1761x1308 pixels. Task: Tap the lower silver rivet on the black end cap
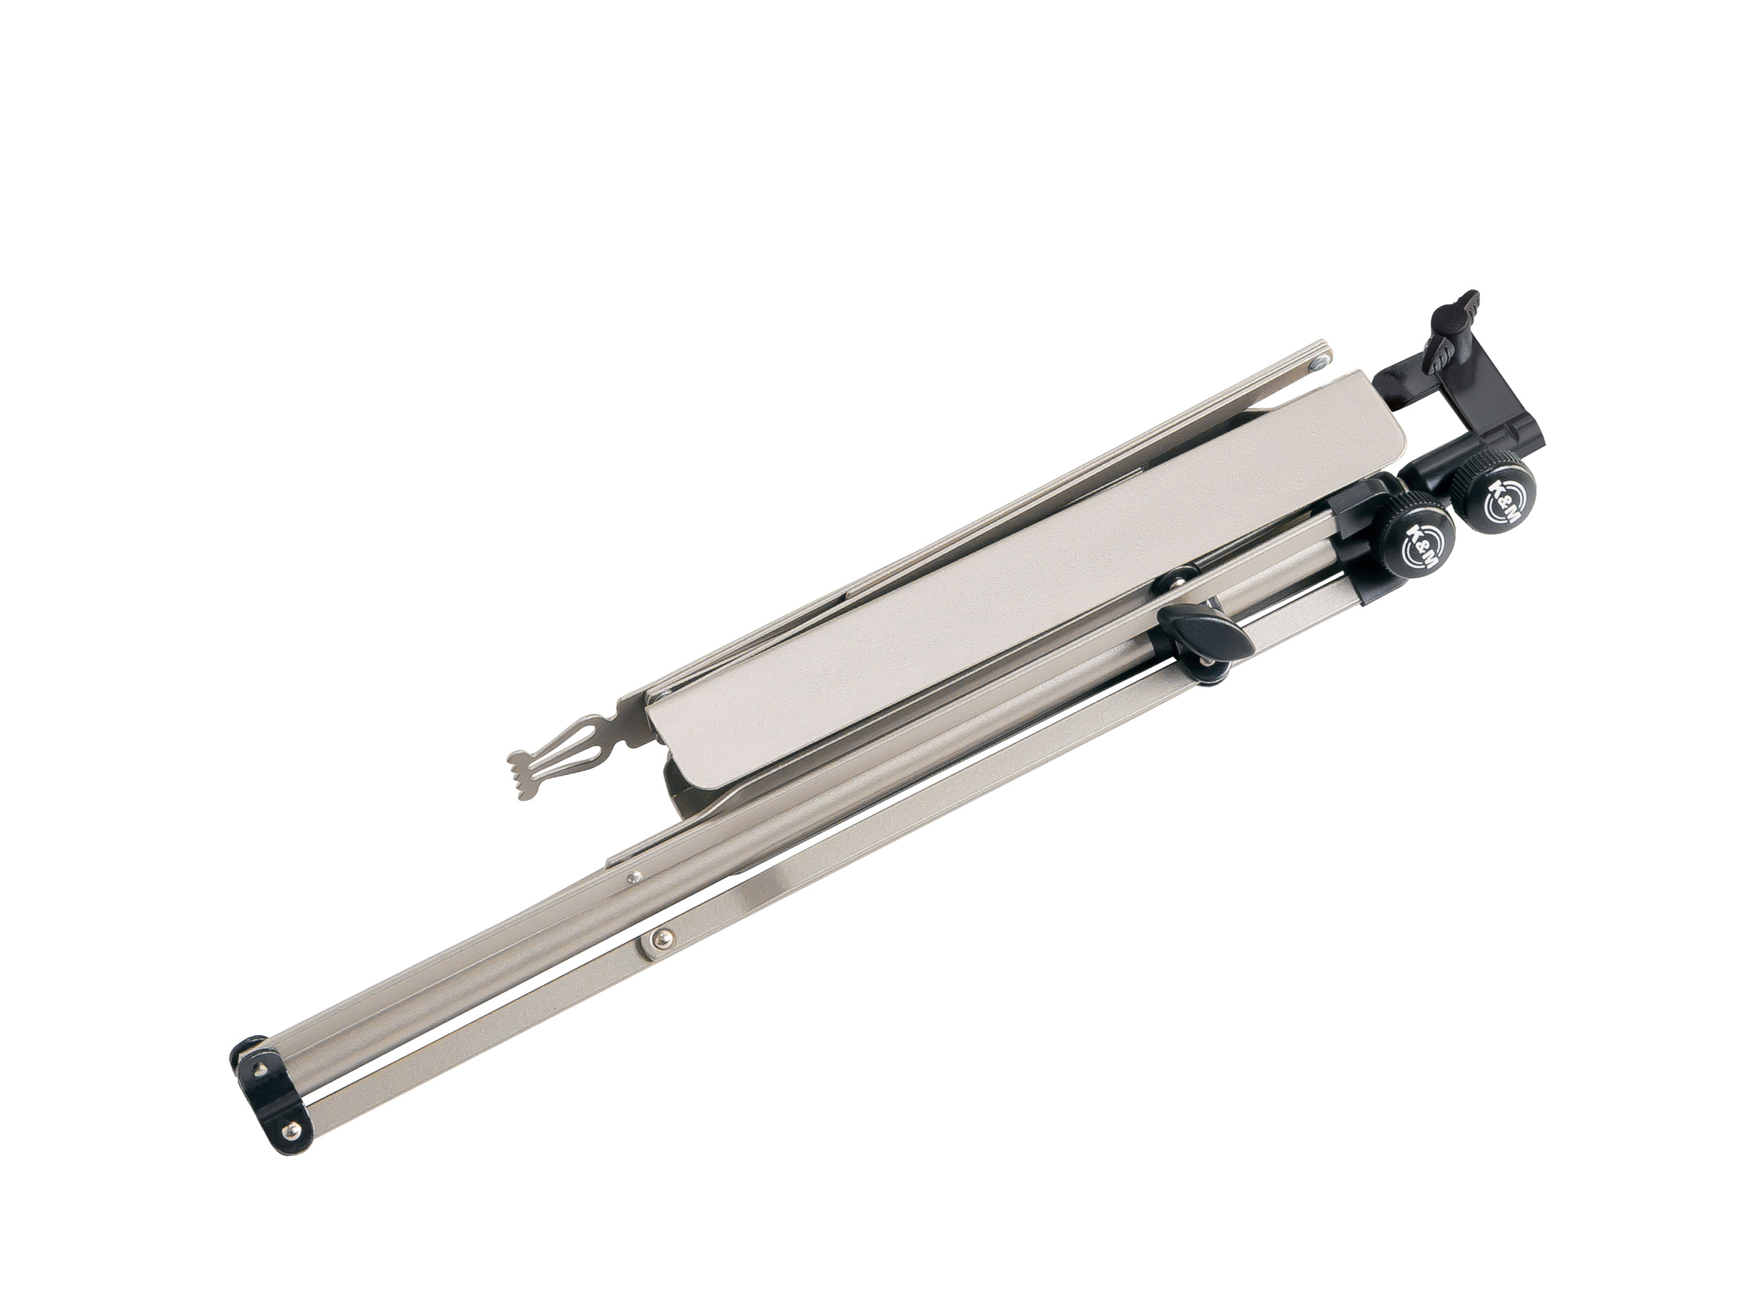click(x=295, y=1129)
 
